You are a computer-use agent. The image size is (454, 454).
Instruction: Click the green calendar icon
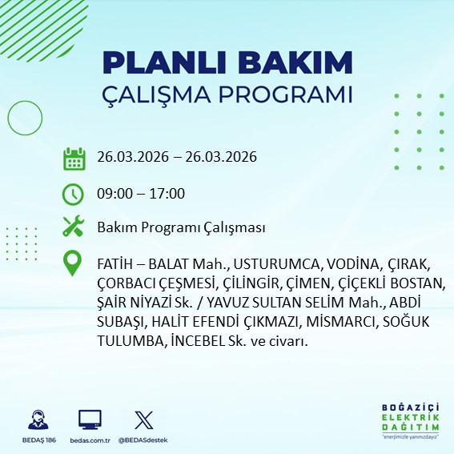(74, 158)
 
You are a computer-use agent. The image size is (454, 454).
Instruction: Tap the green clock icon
(74, 194)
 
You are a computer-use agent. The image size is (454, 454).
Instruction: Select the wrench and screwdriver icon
(74, 227)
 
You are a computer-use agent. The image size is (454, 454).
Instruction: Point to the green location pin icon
(74, 263)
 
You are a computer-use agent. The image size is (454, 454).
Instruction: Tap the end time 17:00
(168, 193)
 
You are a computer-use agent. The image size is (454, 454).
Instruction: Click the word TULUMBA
(130, 340)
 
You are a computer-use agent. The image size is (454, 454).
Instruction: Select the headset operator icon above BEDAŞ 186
(36, 420)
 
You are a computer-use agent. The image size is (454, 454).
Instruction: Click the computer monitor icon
(90, 420)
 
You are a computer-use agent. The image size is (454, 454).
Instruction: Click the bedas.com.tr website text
(90, 440)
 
